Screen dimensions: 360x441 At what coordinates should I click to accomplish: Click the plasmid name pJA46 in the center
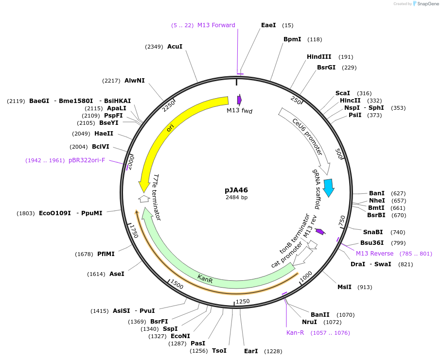click(236, 190)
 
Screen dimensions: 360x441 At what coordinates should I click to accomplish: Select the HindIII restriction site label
click(319, 57)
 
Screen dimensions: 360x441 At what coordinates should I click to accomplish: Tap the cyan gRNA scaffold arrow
click(329, 187)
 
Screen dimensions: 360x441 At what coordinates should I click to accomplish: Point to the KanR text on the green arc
click(205, 279)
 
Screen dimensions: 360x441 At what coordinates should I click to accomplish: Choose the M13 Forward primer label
click(216, 25)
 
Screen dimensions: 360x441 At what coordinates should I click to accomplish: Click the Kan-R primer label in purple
click(298, 333)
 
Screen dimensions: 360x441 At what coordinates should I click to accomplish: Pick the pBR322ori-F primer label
click(87, 160)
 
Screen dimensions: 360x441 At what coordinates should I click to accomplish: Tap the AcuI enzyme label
click(175, 47)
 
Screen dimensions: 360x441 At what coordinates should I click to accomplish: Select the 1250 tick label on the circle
click(242, 301)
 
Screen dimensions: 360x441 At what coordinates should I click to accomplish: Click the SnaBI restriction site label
click(373, 232)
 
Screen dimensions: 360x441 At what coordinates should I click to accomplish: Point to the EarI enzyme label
click(251, 351)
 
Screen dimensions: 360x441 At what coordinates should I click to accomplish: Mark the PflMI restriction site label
click(106, 254)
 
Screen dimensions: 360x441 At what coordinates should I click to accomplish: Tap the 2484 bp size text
click(236, 198)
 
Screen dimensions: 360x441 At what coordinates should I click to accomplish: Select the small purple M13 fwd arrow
click(239, 100)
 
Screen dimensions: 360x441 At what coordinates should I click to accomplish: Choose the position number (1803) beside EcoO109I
click(26, 213)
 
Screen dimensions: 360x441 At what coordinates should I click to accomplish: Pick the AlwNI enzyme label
click(134, 81)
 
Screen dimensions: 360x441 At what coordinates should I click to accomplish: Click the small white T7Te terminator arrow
click(143, 198)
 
